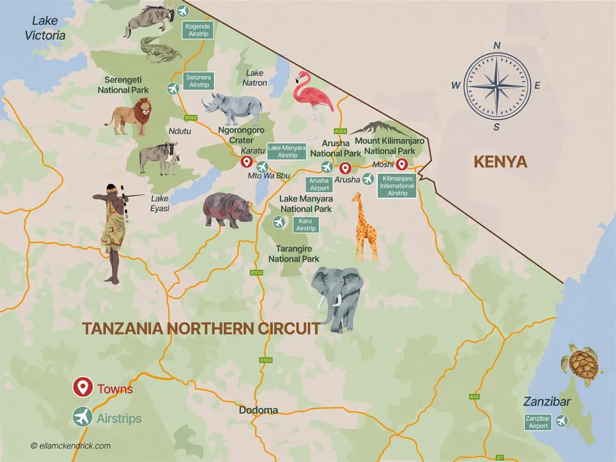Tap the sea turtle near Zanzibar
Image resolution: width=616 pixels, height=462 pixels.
pos(582,363)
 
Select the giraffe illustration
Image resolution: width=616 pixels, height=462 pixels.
pos(365,227)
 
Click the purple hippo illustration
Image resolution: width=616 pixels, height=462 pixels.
pos(227,210)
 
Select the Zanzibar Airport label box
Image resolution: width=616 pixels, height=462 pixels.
pos(538,422)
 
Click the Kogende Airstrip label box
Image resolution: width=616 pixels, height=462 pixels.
pos(198,30)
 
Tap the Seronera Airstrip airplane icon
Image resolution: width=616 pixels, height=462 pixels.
pos(174,89)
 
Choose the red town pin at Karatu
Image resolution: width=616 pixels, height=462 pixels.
pos(245,162)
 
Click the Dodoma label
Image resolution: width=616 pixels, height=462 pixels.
pos(259,410)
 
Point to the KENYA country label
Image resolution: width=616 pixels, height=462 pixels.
pos(500,162)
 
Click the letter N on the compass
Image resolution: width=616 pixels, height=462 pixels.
pos(497,46)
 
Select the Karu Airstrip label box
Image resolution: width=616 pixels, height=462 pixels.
pos(306,225)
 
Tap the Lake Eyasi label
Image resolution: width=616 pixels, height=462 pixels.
pos(160,203)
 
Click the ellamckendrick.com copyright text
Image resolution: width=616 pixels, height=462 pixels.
pos(71,446)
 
